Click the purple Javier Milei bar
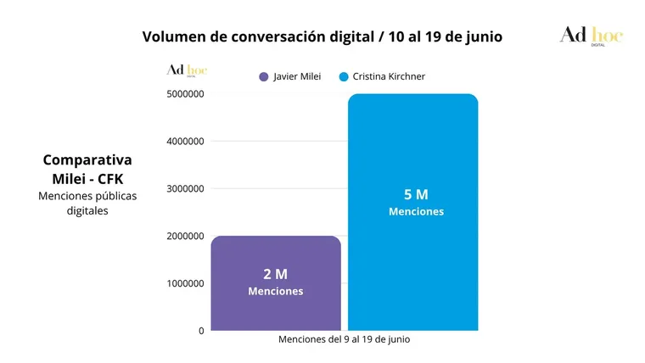pyautogui.click(x=276, y=254)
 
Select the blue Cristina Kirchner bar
pyautogui.click(x=412, y=153)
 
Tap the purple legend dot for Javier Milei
pyautogui.click(x=264, y=77)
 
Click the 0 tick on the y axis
pyautogui.click(x=201, y=331)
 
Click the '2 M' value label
pyautogui.click(x=275, y=274)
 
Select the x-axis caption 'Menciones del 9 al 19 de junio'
pyautogui.click(x=344, y=339)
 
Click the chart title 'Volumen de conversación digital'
pyautogui.click(x=322, y=36)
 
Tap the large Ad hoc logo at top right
pyautogui.click(x=591, y=36)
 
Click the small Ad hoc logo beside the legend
pyautogui.click(x=187, y=71)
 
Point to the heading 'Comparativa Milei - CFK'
pyautogui.click(x=87, y=168)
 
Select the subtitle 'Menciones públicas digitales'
pyautogui.click(x=87, y=203)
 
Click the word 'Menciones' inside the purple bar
pyautogui.click(x=275, y=291)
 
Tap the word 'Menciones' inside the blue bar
pyautogui.click(x=416, y=211)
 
